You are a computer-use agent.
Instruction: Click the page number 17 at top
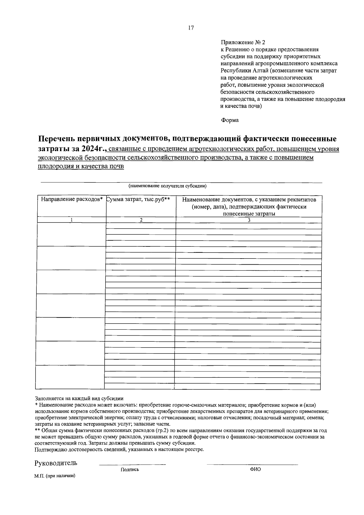click(x=191, y=28)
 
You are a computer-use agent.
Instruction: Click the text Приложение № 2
click(x=243, y=42)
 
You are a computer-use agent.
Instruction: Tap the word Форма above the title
click(x=229, y=120)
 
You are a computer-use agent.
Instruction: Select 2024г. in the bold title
click(x=93, y=149)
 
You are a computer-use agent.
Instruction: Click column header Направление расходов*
click(x=72, y=199)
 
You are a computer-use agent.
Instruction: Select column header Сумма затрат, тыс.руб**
click(x=138, y=199)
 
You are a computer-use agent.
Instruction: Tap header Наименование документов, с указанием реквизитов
click(x=249, y=200)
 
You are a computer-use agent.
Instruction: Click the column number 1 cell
click(x=72, y=220)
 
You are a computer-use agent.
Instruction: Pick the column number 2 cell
click(x=141, y=220)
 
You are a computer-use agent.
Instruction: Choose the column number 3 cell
click(x=249, y=220)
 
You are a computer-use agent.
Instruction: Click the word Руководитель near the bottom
click(x=56, y=463)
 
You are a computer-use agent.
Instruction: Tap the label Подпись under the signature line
click(x=130, y=469)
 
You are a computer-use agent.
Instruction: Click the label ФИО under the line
click(x=255, y=469)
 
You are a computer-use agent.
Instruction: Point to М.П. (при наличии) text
click(x=55, y=476)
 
